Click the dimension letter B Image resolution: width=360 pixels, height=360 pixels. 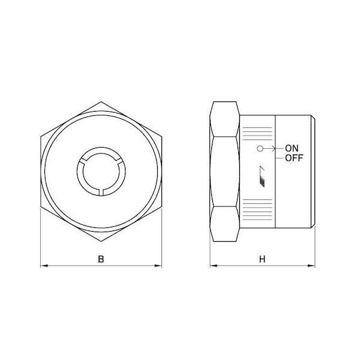(x=101, y=259)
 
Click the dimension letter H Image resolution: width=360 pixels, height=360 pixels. (x=262, y=259)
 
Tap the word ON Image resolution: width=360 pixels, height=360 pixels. (x=292, y=148)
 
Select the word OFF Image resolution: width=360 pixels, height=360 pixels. (x=294, y=158)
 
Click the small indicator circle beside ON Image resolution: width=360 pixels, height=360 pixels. (x=260, y=149)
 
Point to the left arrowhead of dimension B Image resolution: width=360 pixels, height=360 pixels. (x=44, y=266)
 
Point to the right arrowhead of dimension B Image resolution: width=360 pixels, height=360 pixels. (x=158, y=266)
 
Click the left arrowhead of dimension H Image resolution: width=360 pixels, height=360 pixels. (x=214, y=266)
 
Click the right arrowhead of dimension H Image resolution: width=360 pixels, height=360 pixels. (x=311, y=266)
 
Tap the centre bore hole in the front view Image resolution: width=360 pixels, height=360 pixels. (x=101, y=171)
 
